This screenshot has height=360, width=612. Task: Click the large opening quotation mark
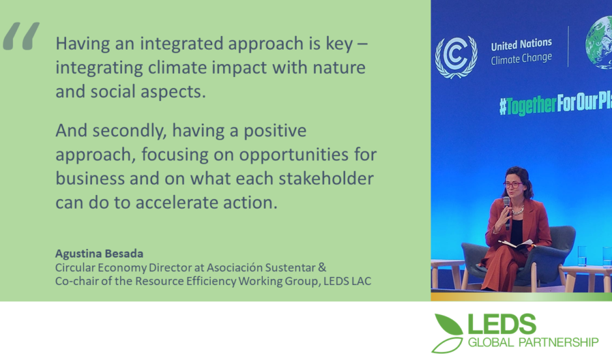click(21, 37)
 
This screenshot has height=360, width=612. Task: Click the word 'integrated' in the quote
click(181, 44)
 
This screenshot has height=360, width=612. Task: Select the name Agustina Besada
click(99, 254)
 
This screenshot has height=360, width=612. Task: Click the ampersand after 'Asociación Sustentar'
click(322, 267)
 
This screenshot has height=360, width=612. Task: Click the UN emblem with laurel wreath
click(456, 57)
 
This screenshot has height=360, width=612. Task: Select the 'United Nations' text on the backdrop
click(521, 45)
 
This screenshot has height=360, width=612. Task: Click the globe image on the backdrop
click(599, 43)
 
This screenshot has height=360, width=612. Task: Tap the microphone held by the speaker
click(507, 213)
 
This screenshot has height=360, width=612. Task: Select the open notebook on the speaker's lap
click(516, 244)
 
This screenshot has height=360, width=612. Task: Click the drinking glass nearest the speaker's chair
click(581, 256)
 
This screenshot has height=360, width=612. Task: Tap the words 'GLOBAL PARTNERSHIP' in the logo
click(533, 342)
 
